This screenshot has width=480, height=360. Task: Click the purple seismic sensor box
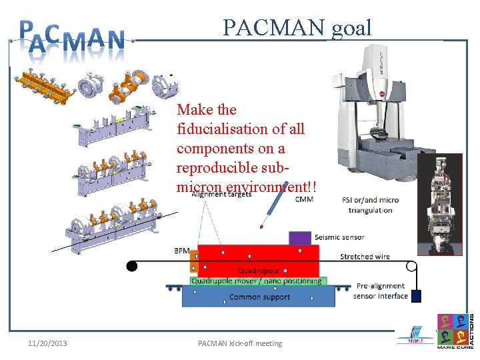[x=299, y=237]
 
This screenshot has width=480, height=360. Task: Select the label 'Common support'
[x=259, y=297]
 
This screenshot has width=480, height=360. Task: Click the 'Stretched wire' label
[x=365, y=257]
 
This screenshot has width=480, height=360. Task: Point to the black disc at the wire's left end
[x=132, y=266]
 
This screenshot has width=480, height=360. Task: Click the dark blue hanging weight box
[x=416, y=296]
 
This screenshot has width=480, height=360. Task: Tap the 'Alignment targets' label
[x=221, y=195]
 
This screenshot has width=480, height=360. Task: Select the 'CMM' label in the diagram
[x=304, y=199]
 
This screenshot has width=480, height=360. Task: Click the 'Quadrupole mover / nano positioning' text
[x=257, y=281]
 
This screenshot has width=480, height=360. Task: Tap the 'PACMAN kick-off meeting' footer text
[x=240, y=343]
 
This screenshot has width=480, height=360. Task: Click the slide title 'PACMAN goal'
[x=297, y=28]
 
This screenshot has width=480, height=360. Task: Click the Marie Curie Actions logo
[x=455, y=332]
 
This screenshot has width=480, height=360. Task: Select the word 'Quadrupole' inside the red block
[x=258, y=271]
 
